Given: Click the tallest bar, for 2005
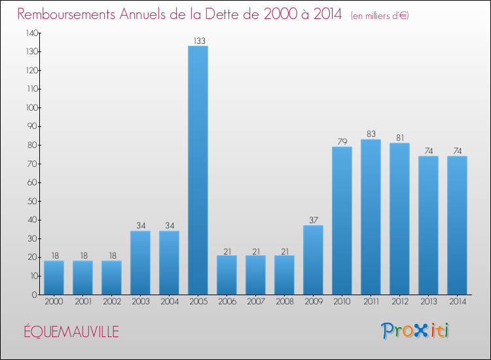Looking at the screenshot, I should tap(198, 170).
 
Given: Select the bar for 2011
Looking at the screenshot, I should tap(371, 217).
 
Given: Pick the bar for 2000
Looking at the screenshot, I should tap(54, 278).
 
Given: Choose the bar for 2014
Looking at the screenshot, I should tap(457, 225).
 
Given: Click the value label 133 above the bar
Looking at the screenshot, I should tap(198, 41).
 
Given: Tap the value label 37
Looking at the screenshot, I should tap(313, 221).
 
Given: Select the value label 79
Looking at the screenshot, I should tap(342, 142).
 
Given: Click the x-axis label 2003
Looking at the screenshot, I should tap(140, 302).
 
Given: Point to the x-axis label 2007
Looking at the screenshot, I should tap(255, 302).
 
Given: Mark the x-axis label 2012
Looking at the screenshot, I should tap(399, 302).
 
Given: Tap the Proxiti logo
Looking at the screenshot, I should tap(416, 331).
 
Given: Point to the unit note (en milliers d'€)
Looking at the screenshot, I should tap(380, 16).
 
